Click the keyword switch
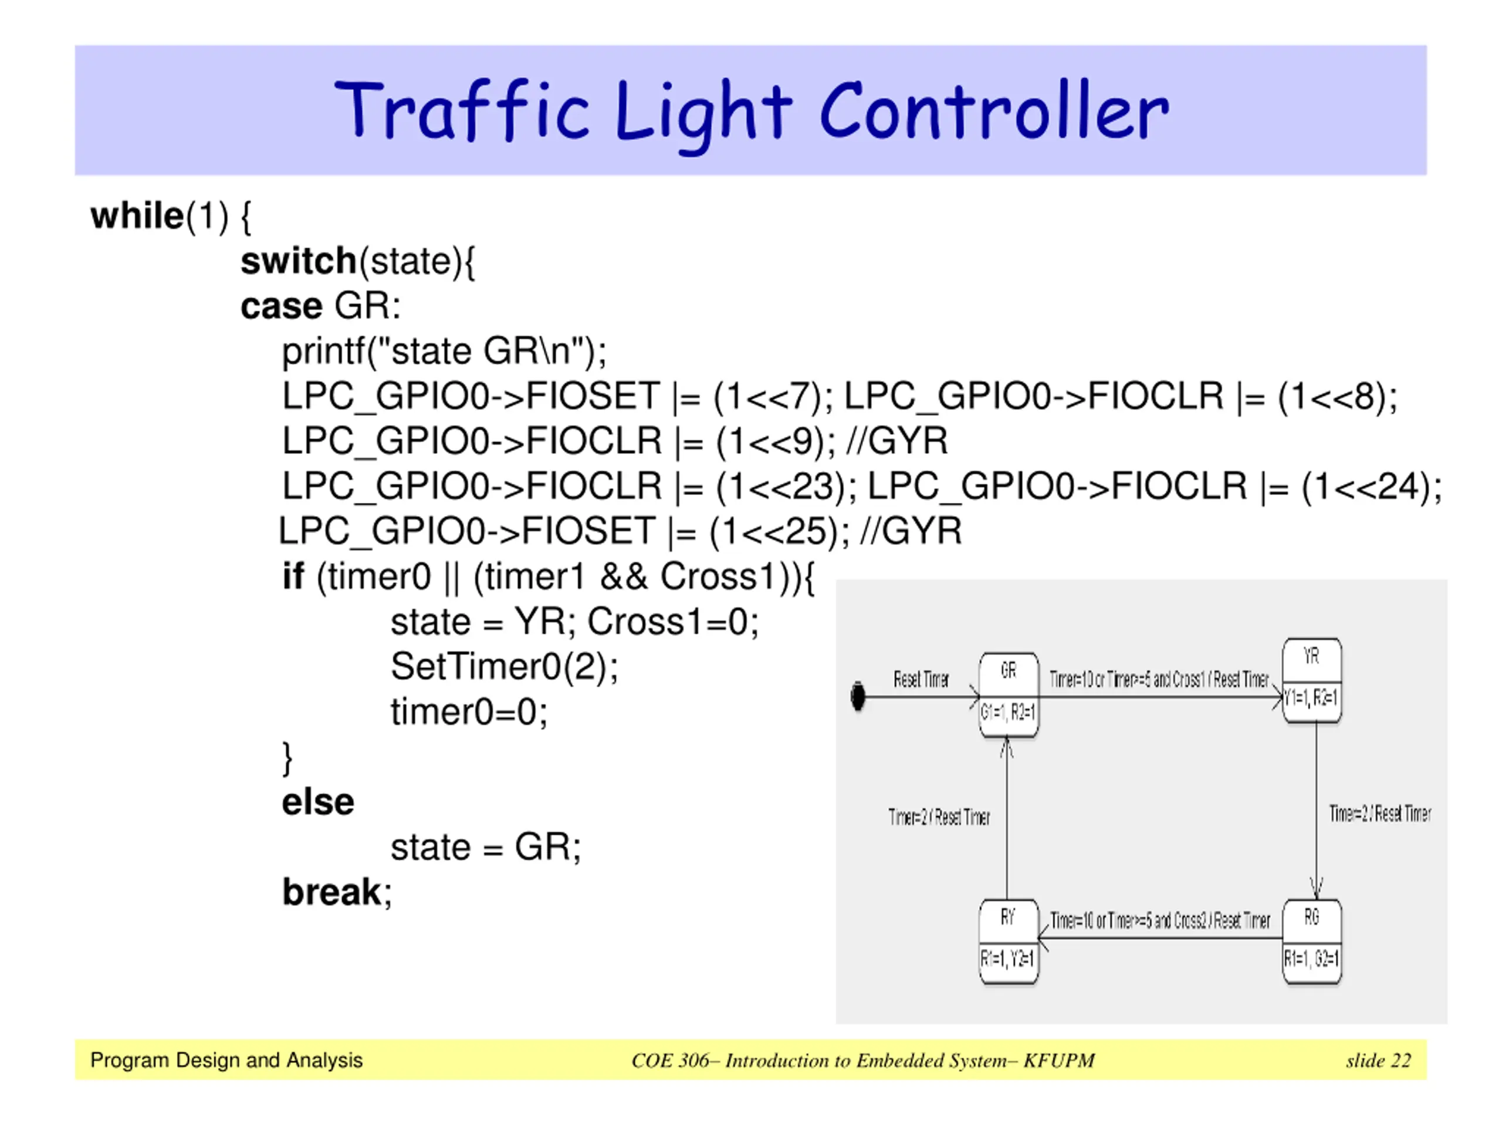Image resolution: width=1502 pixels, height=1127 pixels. click(x=299, y=262)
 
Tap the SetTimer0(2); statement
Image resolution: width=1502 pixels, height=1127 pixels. click(x=504, y=667)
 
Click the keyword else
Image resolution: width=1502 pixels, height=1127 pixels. click(x=318, y=802)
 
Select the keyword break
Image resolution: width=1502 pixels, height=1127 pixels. click(x=332, y=893)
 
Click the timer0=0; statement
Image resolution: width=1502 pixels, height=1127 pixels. click(x=469, y=713)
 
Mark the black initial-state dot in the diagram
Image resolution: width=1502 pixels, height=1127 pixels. click(x=858, y=697)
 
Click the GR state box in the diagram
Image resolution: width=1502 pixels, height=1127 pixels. click(x=1009, y=695)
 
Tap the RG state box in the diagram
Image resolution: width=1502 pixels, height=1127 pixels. click(x=1311, y=942)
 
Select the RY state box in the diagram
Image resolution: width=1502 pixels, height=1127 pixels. click(x=1009, y=942)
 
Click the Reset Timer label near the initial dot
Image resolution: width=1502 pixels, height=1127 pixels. click(x=921, y=679)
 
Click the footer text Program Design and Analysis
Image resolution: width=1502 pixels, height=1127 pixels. click(x=226, y=1061)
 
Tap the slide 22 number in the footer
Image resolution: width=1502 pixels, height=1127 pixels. click(x=1378, y=1061)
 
